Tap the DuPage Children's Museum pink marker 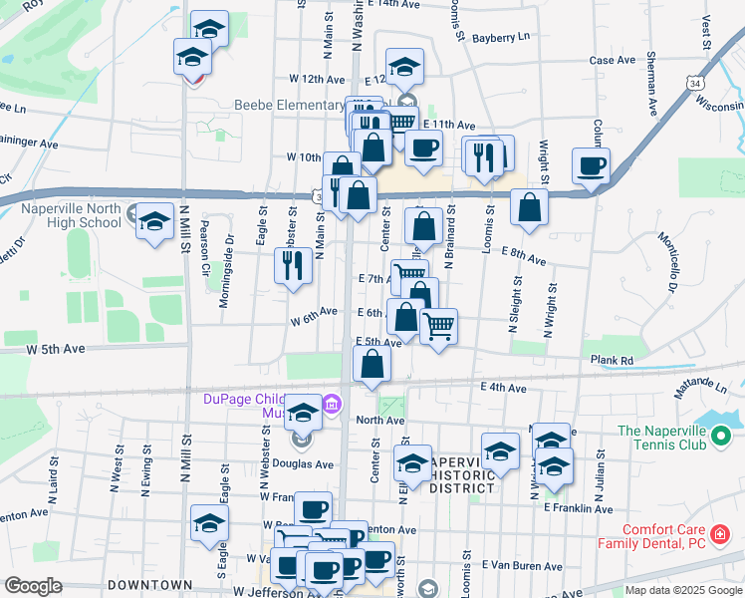(333, 405)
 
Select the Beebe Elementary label (289, 105)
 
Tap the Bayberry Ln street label (503, 38)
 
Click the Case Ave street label (613, 61)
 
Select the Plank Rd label (612, 360)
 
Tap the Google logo (33, 586)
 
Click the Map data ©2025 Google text (682, 590)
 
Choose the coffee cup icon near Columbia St (591, 166)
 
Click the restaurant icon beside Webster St (292, 266)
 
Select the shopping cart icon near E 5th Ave (438, 326)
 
